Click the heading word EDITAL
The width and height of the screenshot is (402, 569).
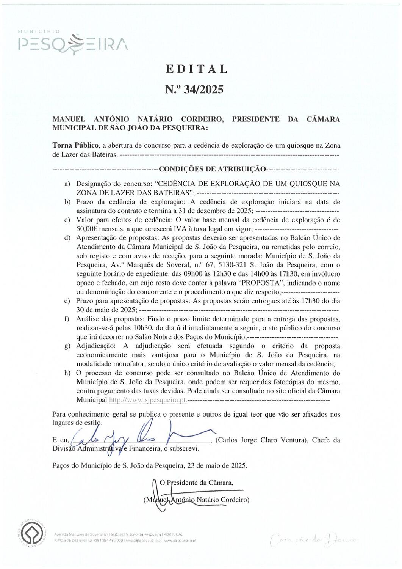(x=196, y=69)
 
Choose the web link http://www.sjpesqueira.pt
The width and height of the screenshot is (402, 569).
(x=148, y=400)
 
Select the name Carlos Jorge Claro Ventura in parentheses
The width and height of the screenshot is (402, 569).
(x=261, y=440)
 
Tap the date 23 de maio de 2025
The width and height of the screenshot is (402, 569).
(x=215, y=465)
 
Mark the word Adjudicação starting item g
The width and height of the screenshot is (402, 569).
(x=95, y=346)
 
